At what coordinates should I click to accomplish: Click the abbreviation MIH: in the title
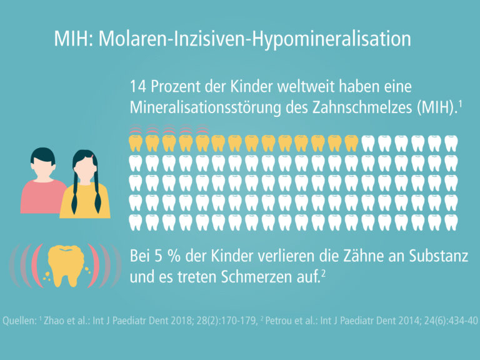[x=74, y=39]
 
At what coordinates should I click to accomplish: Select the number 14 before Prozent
[x=138, y=86]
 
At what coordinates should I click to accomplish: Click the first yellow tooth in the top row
[x=135, y=144]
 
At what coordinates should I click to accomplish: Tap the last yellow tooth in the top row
[x=351, y=144]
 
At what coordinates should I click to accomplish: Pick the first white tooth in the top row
[x=368, y=144]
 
